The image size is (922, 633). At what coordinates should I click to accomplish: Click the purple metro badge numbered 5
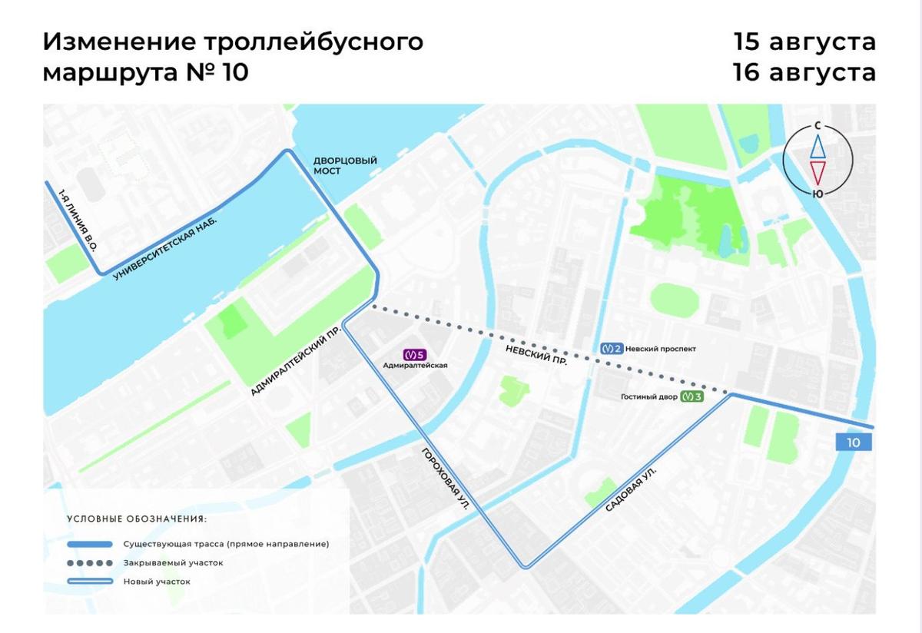(415, 354)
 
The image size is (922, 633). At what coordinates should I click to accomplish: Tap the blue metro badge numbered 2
(611, 348)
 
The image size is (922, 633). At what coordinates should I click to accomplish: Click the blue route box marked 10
(854, 442)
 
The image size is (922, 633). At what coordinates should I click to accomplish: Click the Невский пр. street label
(536, 355)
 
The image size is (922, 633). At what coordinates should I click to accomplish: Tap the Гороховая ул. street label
(445, 478)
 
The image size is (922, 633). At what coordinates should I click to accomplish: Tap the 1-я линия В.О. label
(81, 220)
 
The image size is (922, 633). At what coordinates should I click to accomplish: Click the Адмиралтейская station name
(415, 366)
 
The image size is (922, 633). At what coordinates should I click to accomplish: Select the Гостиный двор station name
(649, 397)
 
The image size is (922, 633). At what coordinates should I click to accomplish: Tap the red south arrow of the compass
(818, 171)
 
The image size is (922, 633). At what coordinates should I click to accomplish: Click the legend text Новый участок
(157, 582)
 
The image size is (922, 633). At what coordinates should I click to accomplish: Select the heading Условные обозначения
(137, 519)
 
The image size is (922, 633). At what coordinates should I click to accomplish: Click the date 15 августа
(804, 41)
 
